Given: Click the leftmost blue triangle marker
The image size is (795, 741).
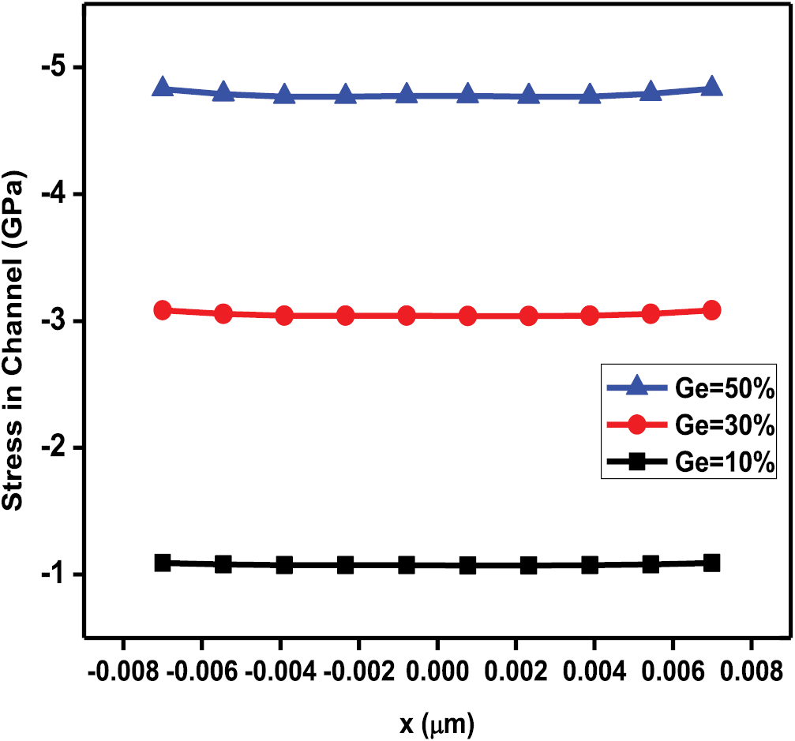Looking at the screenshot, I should coord(163,88).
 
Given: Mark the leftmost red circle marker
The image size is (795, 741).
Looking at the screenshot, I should coord(163,309).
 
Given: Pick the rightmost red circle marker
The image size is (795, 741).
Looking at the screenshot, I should coord(711,309).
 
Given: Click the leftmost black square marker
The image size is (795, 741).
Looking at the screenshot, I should coord(163,563).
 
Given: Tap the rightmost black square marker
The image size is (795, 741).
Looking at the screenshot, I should coord(711,563).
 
